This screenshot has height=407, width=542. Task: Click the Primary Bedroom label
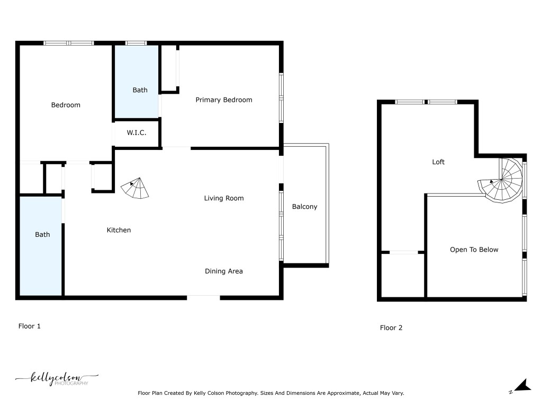coord(224,100)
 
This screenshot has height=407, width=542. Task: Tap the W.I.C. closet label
coord(136,132)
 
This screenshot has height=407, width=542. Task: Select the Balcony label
coord(305,207)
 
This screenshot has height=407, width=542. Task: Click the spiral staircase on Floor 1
coord(135,189)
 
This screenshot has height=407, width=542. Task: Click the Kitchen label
coord(119,230)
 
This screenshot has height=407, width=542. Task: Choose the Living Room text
coord(224,198)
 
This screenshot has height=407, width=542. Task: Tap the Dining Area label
coord(224,271)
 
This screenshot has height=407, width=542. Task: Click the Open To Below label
coord(474,250)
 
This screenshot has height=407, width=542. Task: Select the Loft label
coord(438,162)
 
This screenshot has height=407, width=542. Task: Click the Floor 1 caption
coord(30,326)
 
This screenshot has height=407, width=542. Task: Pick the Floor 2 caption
coord(391,328)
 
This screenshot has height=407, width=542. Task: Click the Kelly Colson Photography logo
coord(57,379)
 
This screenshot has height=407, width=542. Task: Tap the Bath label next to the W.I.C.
coord(140,90)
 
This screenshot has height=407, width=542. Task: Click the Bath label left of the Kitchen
coord(42,234)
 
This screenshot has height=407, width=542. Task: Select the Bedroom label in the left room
coord(66,105)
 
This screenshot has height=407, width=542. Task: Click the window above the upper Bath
coord(136,43)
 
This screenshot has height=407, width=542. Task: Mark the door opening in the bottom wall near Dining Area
coord(203,297)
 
